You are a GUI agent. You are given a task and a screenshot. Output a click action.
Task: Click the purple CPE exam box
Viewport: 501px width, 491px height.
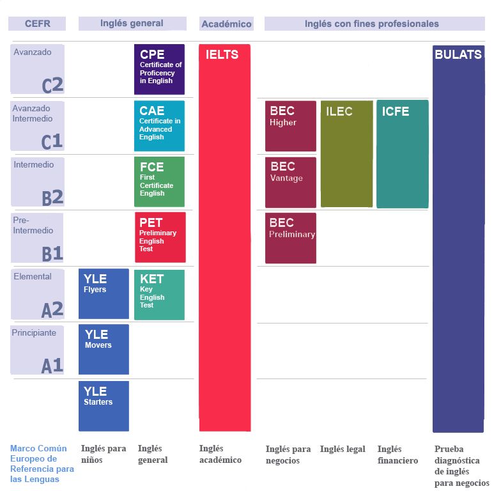tap(159, 69)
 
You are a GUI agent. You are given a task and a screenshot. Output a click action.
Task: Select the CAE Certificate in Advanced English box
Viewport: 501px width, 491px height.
tap(159, 125)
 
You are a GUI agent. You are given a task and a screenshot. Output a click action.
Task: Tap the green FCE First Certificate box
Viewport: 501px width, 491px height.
tap(159, 182)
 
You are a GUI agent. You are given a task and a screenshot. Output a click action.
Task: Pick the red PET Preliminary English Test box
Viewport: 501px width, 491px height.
tap(160, 237)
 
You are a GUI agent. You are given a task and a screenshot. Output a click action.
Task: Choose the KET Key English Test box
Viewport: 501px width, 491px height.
tap(159, 295)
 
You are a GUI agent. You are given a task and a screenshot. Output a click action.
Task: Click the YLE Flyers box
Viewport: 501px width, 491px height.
tap(104, 294)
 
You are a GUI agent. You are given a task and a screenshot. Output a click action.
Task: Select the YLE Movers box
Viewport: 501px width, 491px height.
tap(104, 349)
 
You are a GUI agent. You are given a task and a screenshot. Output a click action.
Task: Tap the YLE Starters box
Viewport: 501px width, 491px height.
tap(104, 406)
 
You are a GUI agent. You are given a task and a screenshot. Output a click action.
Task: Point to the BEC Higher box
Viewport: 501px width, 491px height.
tap(291, 126)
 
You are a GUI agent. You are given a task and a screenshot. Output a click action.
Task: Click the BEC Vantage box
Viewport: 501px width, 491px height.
tap(291, 182)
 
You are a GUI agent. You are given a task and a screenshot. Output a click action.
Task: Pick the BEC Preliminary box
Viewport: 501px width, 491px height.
tap(291, 238)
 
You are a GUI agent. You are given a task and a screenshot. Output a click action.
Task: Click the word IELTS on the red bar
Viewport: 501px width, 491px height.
tap(222, 55)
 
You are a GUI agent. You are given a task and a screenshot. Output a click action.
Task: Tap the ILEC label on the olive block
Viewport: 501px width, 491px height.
tap(339, 112)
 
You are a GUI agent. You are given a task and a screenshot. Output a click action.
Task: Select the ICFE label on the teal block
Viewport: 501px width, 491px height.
tap(396, 112)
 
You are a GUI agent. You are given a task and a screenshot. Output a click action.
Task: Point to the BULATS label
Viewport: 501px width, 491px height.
tap(458, 55)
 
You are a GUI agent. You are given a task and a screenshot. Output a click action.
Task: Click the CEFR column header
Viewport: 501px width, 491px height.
tap(37, 24)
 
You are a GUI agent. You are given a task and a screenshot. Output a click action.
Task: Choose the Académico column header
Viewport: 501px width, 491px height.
tap(226, 24)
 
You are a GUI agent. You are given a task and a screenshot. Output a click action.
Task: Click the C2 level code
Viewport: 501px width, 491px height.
tap(52, 85)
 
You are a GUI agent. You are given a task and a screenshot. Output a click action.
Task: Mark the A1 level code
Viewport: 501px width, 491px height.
tap(52, 366)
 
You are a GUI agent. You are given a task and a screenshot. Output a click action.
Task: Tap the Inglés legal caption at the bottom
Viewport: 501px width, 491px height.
tap(343, 449)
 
